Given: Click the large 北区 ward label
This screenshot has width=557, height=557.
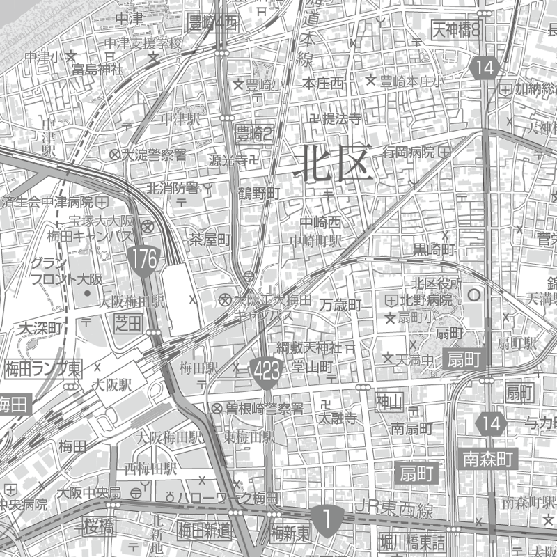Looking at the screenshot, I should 334,165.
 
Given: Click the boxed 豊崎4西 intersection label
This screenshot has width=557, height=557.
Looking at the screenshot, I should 213,23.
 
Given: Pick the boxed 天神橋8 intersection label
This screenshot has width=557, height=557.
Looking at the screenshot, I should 457,29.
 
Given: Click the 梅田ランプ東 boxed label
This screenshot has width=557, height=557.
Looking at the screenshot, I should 43,367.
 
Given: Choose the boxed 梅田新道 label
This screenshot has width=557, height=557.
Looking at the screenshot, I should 204,531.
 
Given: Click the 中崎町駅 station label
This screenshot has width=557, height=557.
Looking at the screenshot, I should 316,241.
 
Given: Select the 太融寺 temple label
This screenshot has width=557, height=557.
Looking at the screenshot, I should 338,419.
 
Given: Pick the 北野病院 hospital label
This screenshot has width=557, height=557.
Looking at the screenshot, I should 425,301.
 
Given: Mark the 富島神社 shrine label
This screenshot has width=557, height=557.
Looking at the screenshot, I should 97,70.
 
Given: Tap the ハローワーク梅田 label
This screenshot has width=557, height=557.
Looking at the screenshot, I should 227,498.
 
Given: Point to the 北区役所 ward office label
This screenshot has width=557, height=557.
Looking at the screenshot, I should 437,283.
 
